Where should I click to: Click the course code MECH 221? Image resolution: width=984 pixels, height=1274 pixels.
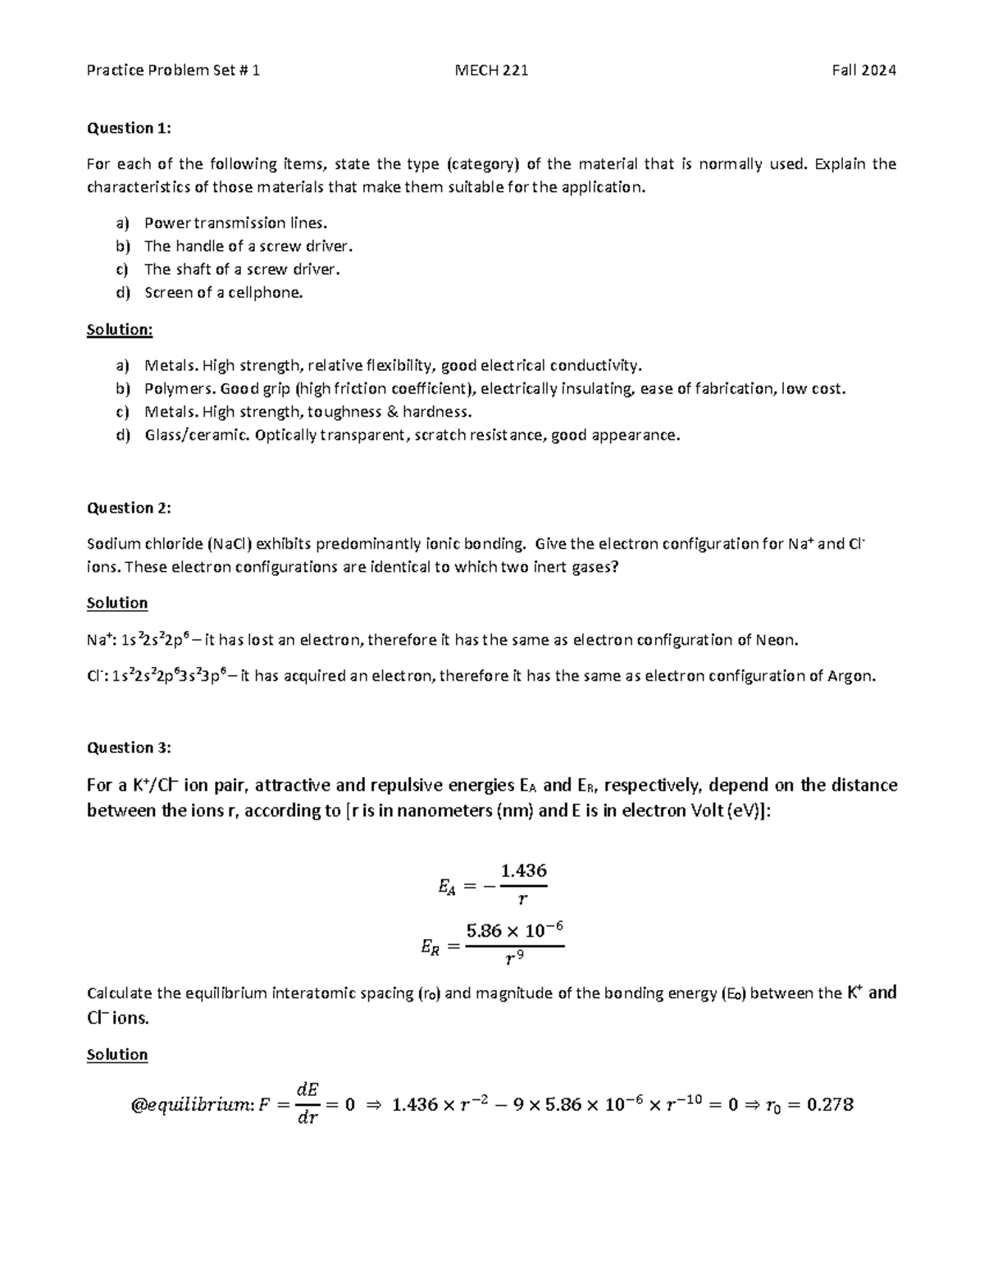491,71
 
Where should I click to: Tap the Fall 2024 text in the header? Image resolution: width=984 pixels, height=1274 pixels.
863,71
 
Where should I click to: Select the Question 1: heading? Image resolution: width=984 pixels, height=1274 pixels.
130,128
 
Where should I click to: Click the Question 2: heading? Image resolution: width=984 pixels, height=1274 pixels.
130,508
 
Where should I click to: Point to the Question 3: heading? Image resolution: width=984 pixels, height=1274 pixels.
130,747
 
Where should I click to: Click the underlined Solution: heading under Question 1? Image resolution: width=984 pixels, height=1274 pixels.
120,330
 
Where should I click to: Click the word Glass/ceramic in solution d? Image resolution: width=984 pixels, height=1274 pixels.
197,436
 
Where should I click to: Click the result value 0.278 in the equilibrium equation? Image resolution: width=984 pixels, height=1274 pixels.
830,1105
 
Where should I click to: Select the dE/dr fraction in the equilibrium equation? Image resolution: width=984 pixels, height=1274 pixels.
307,1104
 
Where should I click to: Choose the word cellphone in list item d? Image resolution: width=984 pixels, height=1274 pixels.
267,293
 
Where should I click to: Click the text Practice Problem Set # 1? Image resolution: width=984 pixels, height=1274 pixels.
173,71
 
